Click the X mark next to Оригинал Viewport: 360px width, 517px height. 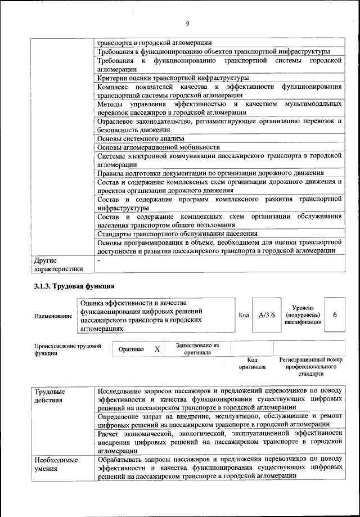[x=157, y=349]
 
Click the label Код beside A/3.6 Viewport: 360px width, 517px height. [x=244, y=315]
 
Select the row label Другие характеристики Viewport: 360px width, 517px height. [x=58, y=264]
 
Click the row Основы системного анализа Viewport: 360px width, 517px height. [x=141, y=138]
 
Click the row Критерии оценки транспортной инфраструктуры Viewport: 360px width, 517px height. [x=173, y=78]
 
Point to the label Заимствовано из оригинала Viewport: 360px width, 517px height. [x=197, y=349]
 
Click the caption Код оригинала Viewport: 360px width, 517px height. [x=252, y=363]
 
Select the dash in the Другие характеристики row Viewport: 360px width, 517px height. [x=98, y=261]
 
